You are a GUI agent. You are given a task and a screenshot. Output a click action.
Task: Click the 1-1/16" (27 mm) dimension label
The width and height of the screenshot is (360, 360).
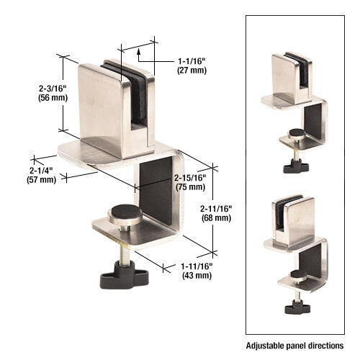(191, 65)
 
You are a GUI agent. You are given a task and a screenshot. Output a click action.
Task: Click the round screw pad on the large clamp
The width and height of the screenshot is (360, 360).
(122, 214)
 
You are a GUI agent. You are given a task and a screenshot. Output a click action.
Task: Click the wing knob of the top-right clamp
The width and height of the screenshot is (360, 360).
(295, 166)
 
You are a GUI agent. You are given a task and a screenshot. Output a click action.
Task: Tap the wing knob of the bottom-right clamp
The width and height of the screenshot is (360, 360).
(296, 307)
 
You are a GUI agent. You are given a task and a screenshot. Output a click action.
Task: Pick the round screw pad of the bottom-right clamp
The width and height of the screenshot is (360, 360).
(296, 274)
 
